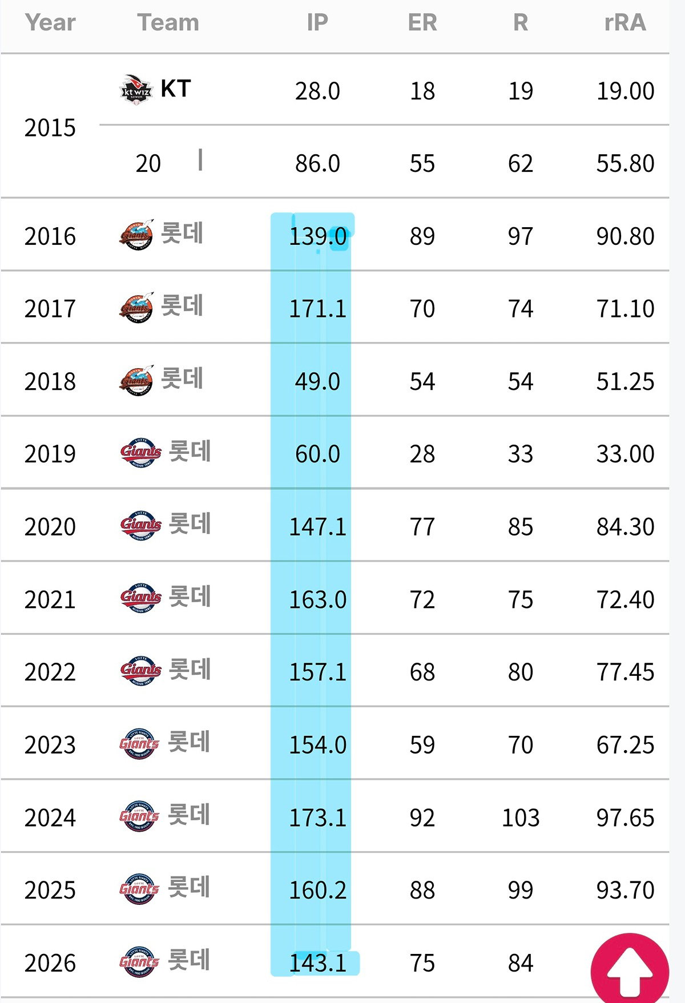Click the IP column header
pos(317,23)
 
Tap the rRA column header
pos(625,23)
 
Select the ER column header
pos(422,23)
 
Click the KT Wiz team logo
pos(136,90)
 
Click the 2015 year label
pos(50,128)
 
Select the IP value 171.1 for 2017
pos(317,309)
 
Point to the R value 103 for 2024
pos(521,817)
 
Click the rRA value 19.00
pos(625,91)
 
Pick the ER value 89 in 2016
pos(422,236)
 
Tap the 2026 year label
pos(50,963)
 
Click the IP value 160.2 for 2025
pos(317,891)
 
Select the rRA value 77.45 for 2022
pos(625,672)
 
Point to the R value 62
pos(521,164)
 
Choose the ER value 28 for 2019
pos(422,454)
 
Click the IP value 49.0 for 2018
pos(317,381)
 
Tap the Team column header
pos(168,23)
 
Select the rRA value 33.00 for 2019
pos(625,454)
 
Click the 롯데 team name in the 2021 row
pos(190,597)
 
